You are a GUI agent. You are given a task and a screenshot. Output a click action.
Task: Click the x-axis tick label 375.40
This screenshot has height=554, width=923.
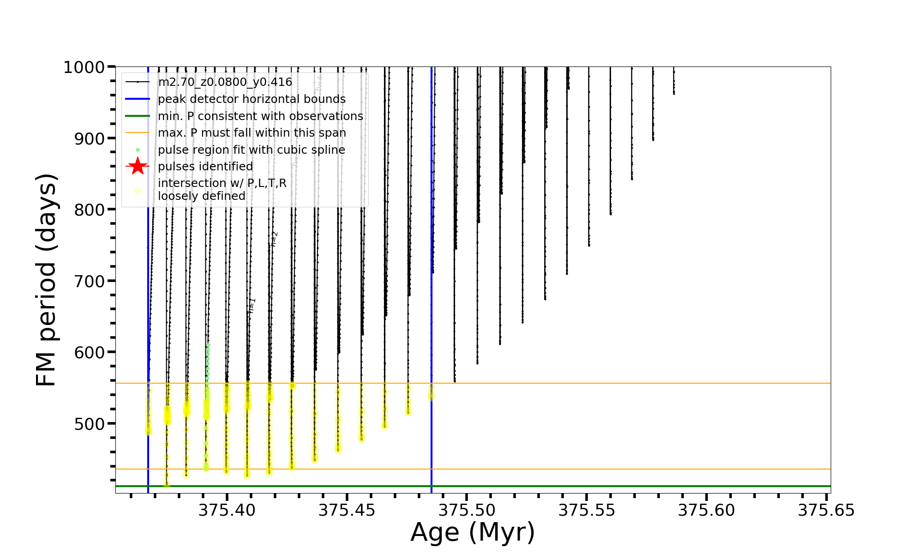pyautogui.click(x=227, y=511)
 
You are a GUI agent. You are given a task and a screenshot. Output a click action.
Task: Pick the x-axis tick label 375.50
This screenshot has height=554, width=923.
pyautogui.click(x=467, y=511)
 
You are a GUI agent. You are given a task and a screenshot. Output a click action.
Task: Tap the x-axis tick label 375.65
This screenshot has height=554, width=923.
pyautogui.click(x=826, y=511)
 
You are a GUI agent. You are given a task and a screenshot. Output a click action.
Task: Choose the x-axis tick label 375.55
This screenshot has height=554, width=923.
pyautogui.click(x=587, y=511)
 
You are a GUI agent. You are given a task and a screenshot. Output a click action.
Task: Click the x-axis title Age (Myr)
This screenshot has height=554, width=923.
pyautogui.click(x=473, y=532)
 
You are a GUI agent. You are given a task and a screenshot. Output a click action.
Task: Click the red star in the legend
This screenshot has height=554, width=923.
pyautogui.click(x=138, y=166)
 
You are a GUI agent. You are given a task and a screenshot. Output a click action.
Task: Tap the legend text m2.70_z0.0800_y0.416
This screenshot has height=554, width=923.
pyautogui.click(x=225, y=82)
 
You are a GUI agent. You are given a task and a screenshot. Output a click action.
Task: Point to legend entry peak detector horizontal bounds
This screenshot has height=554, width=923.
pyautogui.click(x=252, y=99)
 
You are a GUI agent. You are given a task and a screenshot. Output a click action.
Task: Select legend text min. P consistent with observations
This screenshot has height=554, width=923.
pyautogui.click(x=260, y=116)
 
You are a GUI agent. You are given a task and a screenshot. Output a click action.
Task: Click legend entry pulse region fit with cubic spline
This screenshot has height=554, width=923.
pyautogui.click(x=252, y=150)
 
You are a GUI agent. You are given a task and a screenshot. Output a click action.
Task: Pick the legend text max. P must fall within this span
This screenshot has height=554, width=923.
pyautogui.click(x=252, y=133)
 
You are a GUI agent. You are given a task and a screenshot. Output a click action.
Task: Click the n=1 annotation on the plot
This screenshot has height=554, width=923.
pyautogui.click(x=252, y=306)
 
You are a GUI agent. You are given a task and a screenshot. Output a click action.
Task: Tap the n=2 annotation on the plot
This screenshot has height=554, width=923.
pyautogui.click(x=274, y=239)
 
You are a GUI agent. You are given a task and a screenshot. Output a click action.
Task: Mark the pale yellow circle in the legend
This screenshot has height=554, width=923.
pyautogui.click(x=138, y=191)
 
